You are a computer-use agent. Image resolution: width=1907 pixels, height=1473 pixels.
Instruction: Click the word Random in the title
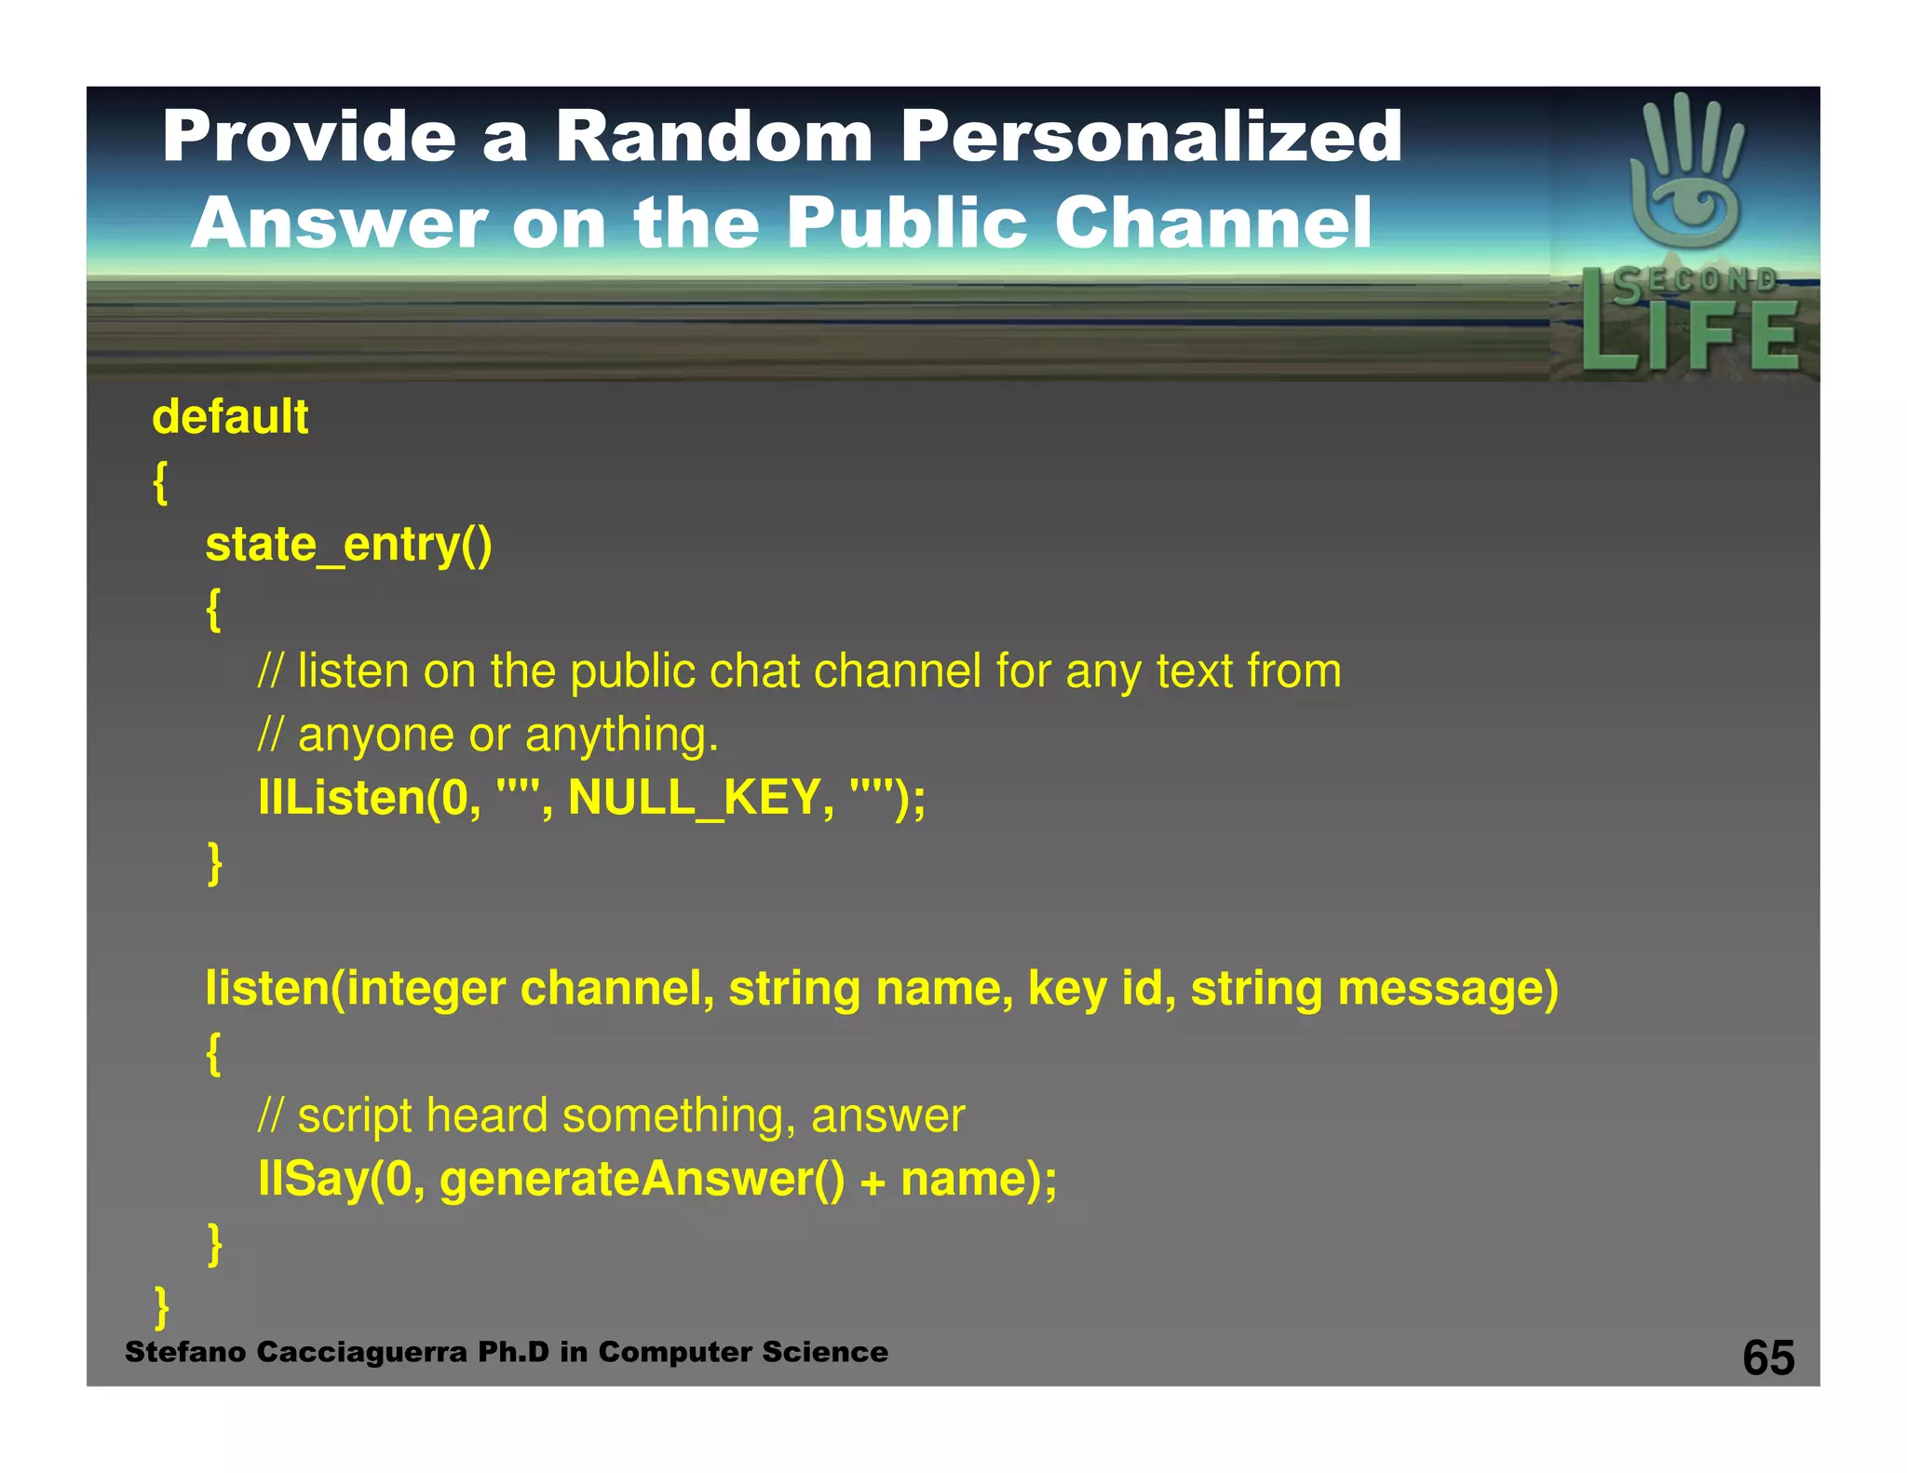click(x=714, y=137)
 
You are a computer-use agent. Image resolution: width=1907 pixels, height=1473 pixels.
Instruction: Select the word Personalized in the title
click(x=1151, y=137)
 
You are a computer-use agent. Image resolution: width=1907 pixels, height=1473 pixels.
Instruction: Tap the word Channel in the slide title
click(x=1212, y=223)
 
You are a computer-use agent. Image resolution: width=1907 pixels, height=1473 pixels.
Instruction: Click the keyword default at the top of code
click(x=230, y=416)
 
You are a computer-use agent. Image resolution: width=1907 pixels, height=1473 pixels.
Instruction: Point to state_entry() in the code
click(x=348, y=544)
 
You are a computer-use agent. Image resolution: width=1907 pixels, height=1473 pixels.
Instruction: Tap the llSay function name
click(x=313, y=1179)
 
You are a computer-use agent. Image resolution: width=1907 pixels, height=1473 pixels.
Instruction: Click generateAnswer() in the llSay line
click(x=642, y=1179)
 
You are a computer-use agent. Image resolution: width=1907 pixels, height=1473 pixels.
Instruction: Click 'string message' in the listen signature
click(x=1374, y=988)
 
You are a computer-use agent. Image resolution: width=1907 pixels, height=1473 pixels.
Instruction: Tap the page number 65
click(x=1767, y=1358)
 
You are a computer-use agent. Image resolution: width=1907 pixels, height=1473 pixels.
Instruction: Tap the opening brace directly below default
click(x=160, y=482)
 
